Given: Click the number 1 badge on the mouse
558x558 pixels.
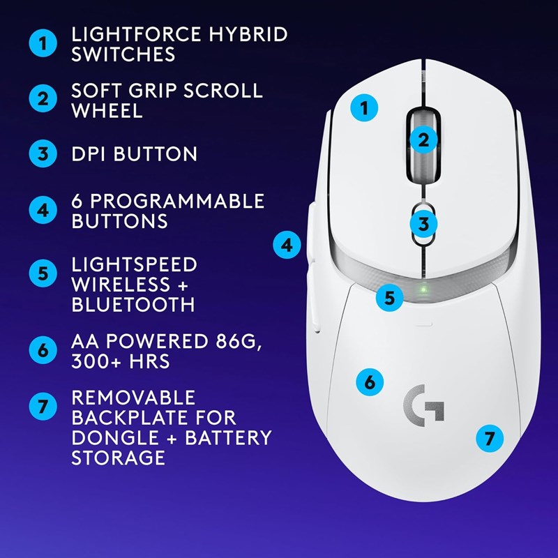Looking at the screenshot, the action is (x=364, y=107).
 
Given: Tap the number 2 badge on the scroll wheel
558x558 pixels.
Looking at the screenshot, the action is (x=423, y=140).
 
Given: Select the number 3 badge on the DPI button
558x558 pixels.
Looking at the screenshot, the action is (x=423, y=224).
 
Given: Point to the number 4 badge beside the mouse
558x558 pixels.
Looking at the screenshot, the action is (x=287, y=245).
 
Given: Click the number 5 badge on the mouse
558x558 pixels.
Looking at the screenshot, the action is (x=390, y=298).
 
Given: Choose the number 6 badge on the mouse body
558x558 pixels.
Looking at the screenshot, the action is (x=370, y=382).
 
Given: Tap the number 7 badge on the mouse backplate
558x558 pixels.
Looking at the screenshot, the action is (x=490, y=438).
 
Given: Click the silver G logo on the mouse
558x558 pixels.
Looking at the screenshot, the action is (x=424, y=405).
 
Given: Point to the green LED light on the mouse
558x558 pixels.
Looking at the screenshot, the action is (x=423, y=289).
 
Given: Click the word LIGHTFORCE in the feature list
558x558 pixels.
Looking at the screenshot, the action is (x=136, y=34).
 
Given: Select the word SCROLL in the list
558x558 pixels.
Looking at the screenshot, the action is (x=223, y=91).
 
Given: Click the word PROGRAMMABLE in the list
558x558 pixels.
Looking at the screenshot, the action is (x=177, y=201).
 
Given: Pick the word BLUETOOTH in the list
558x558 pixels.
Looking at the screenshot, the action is (x=133, y=305).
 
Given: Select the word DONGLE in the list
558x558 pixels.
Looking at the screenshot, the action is (x=115, y=438).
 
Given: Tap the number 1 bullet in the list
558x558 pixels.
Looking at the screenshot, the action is (x=43, y=43).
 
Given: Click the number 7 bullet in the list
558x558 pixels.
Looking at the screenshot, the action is (x=43, y=406).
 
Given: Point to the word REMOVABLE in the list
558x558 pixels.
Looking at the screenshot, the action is (x=133, y=398).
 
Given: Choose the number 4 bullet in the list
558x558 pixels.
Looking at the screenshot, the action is (x=43, y=210).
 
